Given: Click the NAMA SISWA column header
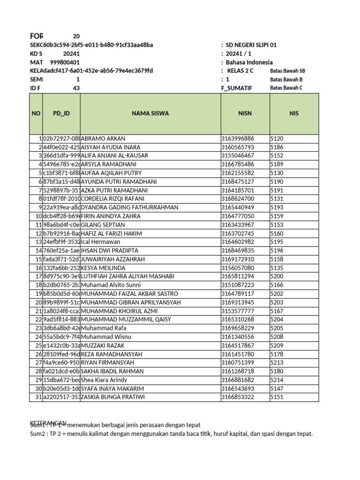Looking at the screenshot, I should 150,113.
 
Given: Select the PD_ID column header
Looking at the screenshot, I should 61,113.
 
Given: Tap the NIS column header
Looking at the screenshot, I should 294,113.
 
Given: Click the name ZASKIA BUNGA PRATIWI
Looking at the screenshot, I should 113,397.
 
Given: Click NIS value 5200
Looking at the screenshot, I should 277,277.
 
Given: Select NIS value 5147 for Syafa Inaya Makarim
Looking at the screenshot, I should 277,389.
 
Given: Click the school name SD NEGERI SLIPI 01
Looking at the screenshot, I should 251,45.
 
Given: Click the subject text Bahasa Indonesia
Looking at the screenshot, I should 249,62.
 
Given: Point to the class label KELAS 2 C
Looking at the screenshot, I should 240,71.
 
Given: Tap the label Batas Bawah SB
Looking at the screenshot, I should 287,71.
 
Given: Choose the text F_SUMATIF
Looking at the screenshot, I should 237,88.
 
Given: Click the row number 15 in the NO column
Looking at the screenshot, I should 38,259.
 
